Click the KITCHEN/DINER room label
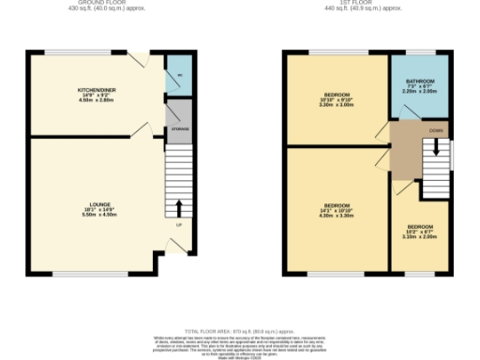(x=96, y=89)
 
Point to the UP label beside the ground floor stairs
(x=178, y=224)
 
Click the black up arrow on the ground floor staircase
(x=178, y=206)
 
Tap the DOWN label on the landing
(x=436, y=130)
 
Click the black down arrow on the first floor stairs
(x=436, y=150)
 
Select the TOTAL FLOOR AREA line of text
(x=241, y=332)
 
